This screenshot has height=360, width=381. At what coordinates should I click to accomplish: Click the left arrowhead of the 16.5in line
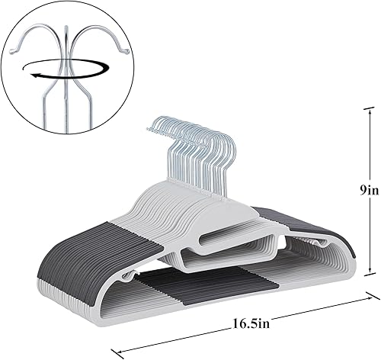click(x=116, y=351)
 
